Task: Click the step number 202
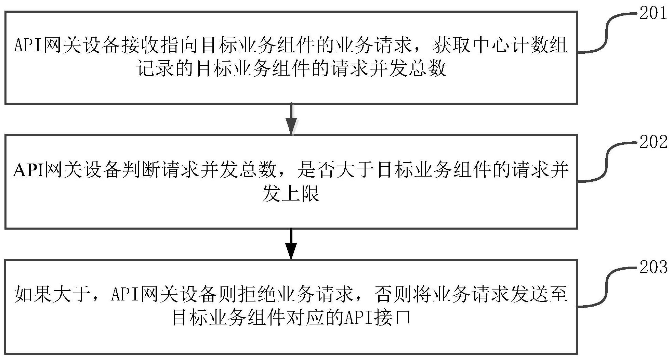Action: coord(653,142)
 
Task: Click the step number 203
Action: coord(653,267)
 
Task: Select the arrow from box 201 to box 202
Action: coord(291,119)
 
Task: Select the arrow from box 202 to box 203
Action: coord(291,244)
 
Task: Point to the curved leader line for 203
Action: coord(608,287)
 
